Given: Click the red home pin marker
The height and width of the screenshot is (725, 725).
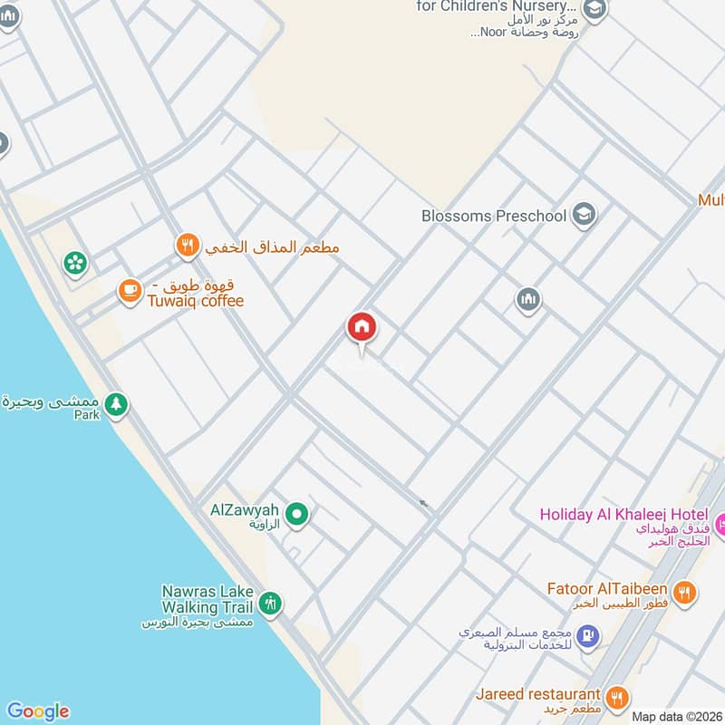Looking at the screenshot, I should [x=362, y=328].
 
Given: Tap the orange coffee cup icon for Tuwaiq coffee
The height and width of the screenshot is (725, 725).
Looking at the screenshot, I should [x=130, y=290].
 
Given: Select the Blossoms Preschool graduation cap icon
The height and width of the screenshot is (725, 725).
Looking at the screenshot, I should [x=585, y=215].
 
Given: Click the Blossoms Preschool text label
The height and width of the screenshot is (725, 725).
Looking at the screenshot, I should [x=494, y=216].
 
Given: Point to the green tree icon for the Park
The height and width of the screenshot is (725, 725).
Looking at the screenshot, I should [x=115, y=404].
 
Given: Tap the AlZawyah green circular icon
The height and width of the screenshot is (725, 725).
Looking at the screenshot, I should [x=296, y=516].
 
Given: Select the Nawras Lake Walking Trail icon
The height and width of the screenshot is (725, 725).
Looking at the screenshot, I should [x=269, y=602].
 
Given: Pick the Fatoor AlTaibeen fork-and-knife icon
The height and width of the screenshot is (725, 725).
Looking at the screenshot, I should [x=685, y=592].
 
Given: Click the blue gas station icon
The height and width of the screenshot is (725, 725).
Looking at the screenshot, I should [x=587, y=637].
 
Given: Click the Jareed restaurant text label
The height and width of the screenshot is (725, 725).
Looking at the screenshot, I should [x=538, y=694].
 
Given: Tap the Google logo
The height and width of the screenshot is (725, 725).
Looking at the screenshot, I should [x=37, y=711].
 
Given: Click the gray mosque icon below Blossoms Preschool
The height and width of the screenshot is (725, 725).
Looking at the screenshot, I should [x=528, y=299].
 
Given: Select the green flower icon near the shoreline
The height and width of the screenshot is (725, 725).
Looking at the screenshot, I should [x=74, y=264].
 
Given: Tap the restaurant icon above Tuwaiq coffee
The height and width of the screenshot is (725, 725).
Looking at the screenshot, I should [x=187, y=244].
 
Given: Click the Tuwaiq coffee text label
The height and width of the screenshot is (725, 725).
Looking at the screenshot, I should [x=196, y=301].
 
